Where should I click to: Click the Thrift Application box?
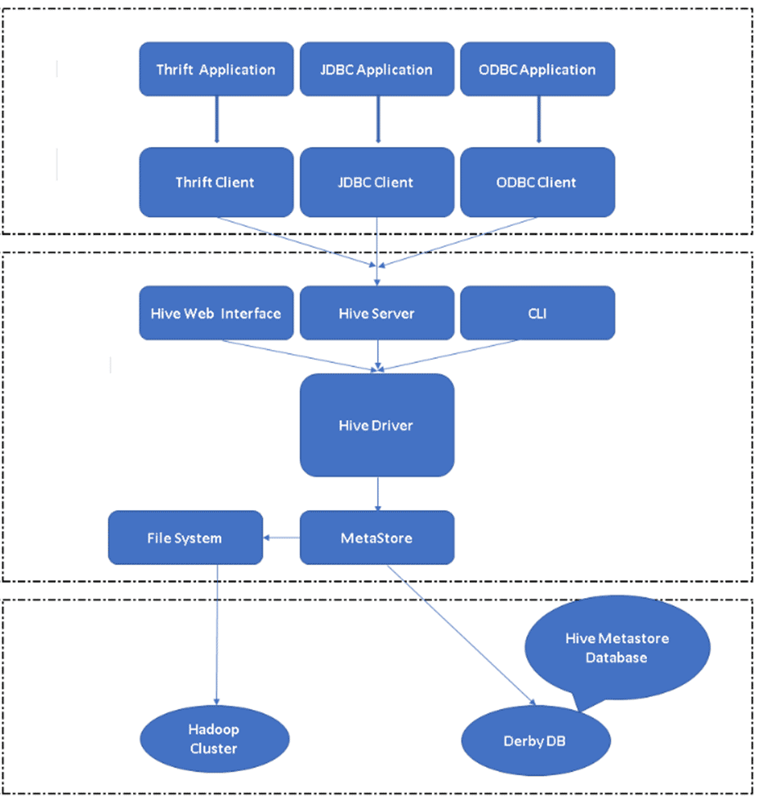216,69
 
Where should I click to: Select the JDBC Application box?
377,69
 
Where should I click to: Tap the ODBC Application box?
537,69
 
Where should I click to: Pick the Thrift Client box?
216,182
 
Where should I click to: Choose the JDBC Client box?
377,182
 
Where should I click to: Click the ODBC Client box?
537,182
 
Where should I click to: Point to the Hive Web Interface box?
216,313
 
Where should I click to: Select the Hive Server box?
377,313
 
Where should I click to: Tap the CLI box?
537,313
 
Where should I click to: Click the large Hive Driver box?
377,425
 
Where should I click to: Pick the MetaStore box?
377,538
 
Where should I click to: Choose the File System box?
185,538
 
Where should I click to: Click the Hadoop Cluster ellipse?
215,739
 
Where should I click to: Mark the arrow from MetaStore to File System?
282,538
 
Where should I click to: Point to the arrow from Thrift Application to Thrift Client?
216,122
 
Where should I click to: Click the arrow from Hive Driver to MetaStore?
377,494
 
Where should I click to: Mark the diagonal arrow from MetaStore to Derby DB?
461,634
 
